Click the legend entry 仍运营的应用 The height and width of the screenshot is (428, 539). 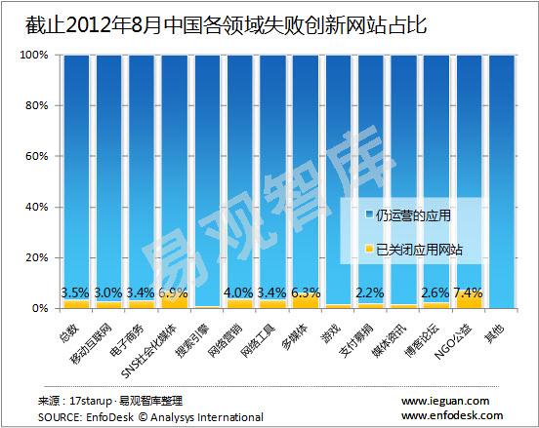click(x=412, y=214)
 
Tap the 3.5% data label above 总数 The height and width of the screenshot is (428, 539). click(x=76, y=292)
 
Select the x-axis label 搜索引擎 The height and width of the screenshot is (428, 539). click(x=197, y=337)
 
